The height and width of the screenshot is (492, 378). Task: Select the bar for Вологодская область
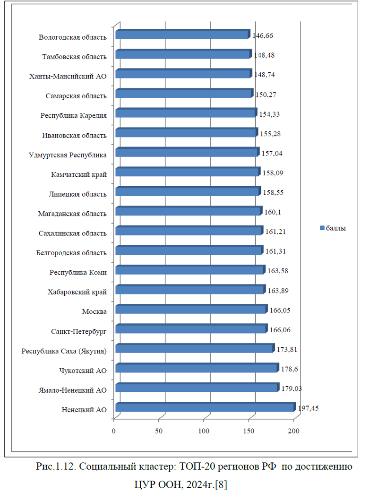coord(182,35)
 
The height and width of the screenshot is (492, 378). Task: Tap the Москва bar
coord(191,310)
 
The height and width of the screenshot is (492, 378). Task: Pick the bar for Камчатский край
coord(188,172)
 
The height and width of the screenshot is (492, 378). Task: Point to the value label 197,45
coord(309,408)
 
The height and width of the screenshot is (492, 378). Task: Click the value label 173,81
coord(287,349)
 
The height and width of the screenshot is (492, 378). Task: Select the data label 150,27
coord(266,95)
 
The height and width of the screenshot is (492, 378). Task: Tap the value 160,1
coord(272,212)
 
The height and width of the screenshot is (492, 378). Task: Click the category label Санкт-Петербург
coord(78,331)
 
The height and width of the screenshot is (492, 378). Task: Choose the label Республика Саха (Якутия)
coord(64,351)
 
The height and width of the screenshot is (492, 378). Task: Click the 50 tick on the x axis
coord(159,431)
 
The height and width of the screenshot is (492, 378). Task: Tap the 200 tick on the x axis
coord(294,431)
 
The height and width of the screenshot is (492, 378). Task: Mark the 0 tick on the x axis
coord(114,431)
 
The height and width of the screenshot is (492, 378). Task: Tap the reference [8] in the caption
coord(221,484)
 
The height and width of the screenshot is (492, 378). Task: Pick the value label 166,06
coord(279,330)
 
